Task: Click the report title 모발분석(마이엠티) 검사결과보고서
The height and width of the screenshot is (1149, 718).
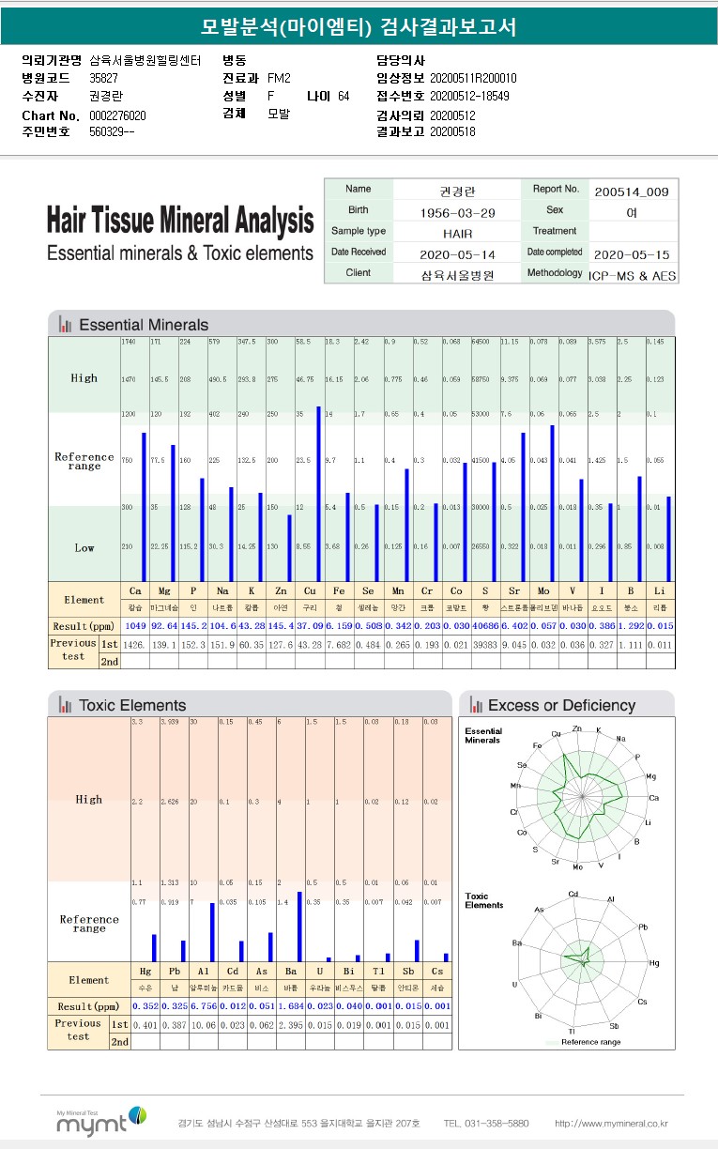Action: point(359,27)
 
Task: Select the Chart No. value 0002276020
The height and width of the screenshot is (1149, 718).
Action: point(117,115)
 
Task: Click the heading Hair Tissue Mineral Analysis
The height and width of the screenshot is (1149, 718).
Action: point(180,222)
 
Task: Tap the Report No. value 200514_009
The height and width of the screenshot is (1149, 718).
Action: point(632,191)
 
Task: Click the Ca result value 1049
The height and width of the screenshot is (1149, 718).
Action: point(134,625)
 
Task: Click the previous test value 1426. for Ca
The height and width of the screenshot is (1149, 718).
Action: point(134,644)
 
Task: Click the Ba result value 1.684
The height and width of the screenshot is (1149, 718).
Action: point(292,1005)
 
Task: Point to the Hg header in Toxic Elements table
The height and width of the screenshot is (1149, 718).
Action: point(146,971)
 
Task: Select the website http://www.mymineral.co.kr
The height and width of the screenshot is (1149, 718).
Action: point(611,1123)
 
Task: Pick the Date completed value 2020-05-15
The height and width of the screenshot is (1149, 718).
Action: point(632,254)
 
